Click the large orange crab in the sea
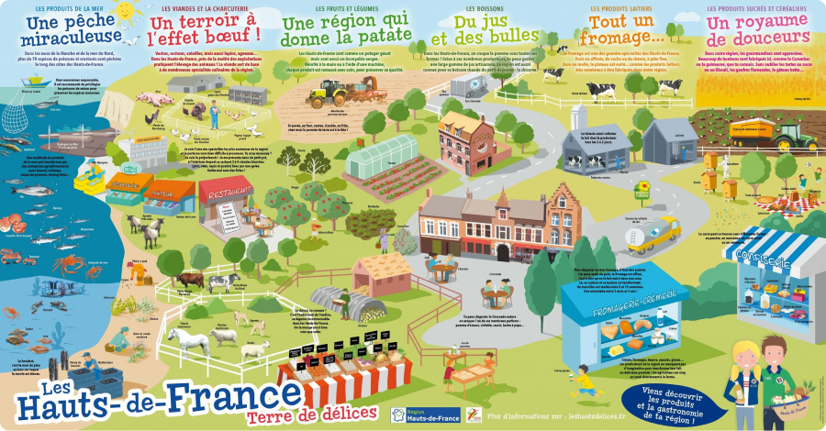coord(69,265)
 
